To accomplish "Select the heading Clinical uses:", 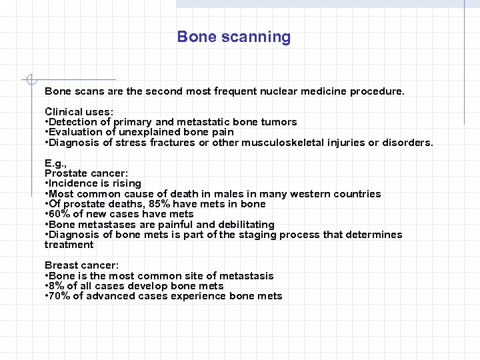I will [79, 112].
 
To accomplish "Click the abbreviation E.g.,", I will [55, 163].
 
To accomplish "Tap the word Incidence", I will [74, 183].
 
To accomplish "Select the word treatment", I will [69, 245].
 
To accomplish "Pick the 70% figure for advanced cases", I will [61, 296].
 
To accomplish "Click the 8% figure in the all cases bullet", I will [58, 286].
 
